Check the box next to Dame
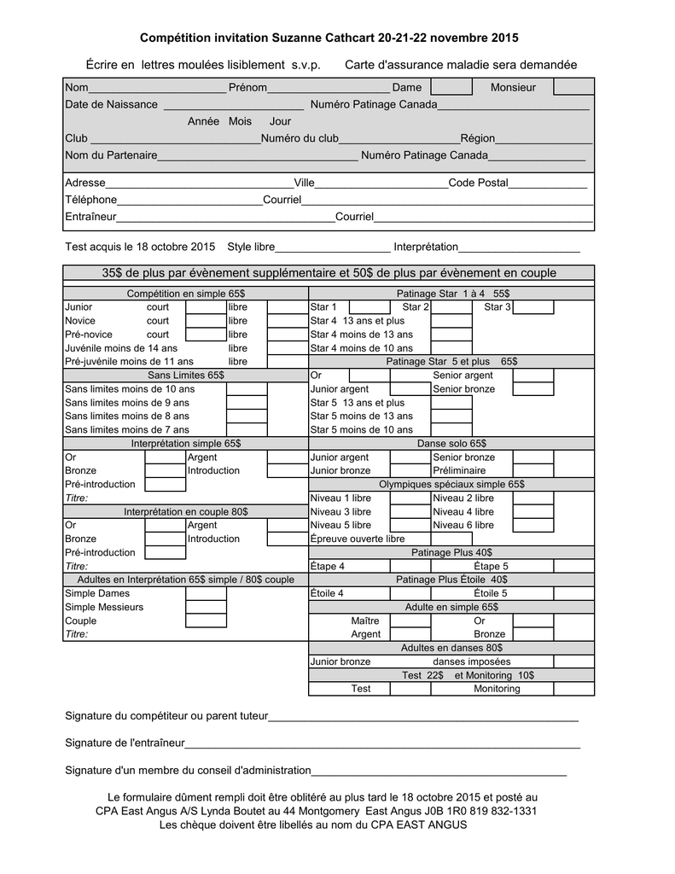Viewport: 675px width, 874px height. [451, 87]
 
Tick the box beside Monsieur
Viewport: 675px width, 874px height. [573, 87]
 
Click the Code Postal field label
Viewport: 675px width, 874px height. [478, 183]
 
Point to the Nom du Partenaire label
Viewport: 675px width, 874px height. [111, 155]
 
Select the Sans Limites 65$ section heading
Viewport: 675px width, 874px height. [185, 375]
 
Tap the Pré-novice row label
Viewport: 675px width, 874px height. [89, 334]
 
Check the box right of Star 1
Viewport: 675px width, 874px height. [370, 307]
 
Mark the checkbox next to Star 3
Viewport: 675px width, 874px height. [533, 307]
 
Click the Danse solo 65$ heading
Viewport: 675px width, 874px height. [451, 444]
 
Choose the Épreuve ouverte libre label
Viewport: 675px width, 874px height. [358, 539]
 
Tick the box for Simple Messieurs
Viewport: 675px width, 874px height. [206, 607]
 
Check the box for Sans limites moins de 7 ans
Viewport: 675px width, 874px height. [247, 429]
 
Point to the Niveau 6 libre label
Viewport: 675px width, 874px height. [463, 525]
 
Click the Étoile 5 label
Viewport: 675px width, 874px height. [491, 593]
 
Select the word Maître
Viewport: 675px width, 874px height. [365, 621]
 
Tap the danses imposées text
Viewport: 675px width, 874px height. [472, 661]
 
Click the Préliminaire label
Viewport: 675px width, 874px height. [459, 470]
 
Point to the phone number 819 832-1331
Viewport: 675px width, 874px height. [507, 811]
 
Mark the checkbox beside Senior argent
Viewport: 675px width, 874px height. [533, 375]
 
